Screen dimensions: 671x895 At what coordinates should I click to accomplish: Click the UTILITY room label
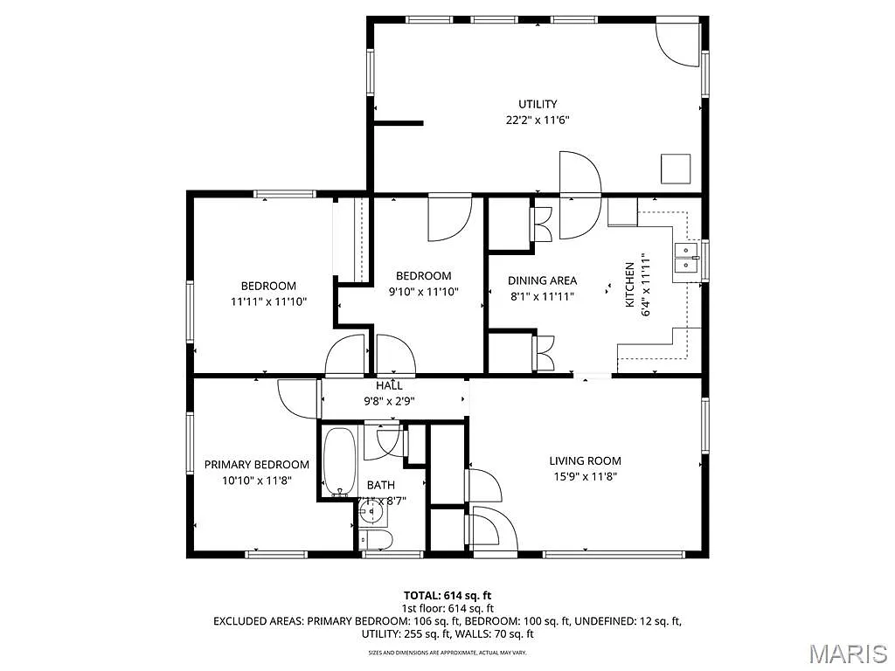tap(537, 104)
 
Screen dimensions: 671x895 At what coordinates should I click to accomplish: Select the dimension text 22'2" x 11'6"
tap(537, 121)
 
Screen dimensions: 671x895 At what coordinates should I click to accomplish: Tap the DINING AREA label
tap(542, 280)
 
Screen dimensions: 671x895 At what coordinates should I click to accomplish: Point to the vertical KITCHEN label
tap(628, 285)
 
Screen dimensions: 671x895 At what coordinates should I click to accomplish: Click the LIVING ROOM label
tap(585, 460)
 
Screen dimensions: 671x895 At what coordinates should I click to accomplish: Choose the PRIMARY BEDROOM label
tap(256, 465)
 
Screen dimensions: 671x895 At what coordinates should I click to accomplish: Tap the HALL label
tap(389, 385)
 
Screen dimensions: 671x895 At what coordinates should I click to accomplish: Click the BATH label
tap(380, 485)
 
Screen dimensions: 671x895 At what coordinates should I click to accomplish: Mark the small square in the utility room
tap(675, 169)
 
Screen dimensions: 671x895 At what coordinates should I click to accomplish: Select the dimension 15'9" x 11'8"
tap(585, 477)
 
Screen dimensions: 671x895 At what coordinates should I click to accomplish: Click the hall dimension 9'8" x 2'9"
tap(389, 400)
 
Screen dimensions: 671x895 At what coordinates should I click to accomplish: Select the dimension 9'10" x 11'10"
tap(424, 292)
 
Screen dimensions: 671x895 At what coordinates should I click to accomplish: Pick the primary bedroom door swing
tap(297, 398)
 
